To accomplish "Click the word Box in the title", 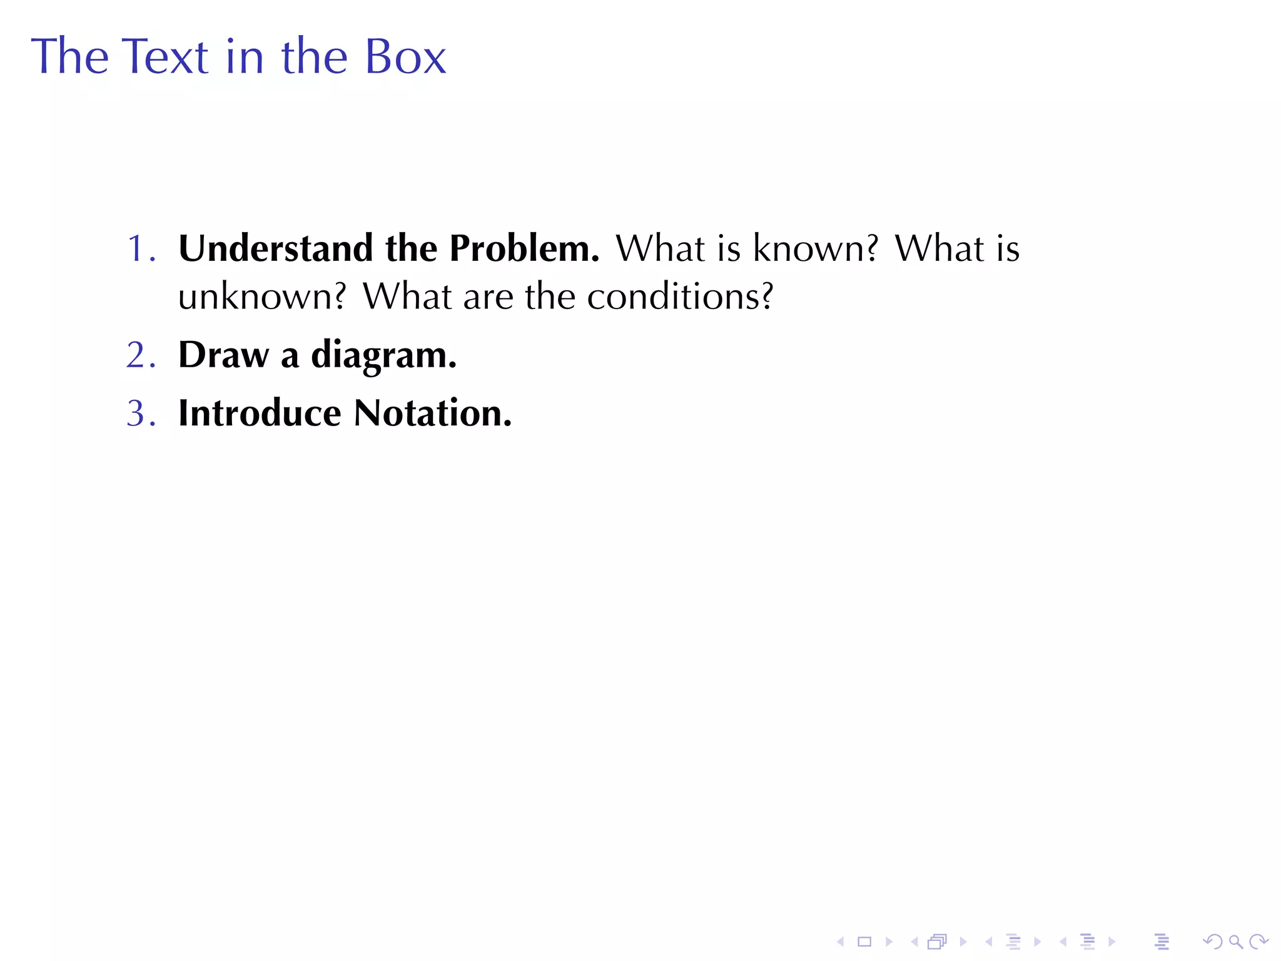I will [405, 56].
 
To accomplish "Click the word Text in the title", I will [164, 56].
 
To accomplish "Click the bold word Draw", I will [223, 355].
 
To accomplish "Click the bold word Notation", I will [432, 413].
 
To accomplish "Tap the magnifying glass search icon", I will [1235, 942].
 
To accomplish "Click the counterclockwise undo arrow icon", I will [1212, 942].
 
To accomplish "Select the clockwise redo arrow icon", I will [1258, 942].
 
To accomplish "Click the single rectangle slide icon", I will [864, 942].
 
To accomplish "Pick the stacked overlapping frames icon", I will [937, 942].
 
